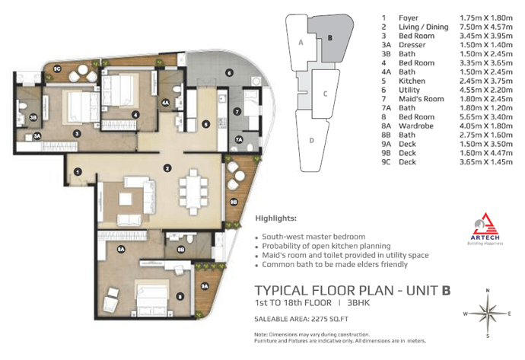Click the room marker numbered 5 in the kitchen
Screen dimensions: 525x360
(x=206, y=125)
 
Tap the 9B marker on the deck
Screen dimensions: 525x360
(x=234, y=202)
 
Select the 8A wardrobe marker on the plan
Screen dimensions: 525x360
(x=121, y=249)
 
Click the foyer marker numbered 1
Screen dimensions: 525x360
(x=78, y=172)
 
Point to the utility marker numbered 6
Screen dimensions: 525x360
(x=229, y=72)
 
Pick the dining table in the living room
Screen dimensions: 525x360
(x=193, y=192)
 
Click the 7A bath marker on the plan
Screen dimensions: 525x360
(x=239, y=139)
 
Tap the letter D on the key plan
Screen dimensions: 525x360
(x=312, y=140)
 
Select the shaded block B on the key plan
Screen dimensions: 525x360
(x=329, y=39)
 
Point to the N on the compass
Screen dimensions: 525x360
(x=488, y=291)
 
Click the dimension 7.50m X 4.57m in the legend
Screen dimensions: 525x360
(x=486, y=27)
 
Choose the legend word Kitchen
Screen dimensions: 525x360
(x=412, y=81)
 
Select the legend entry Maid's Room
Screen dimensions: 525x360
(x=422, y=99)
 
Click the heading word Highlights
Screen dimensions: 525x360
(x=276, y=218)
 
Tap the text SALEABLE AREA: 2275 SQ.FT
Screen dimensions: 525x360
(x=301, y=319)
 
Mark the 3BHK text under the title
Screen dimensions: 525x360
(x=358, y=303)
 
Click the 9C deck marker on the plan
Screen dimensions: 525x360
(x=57, y=69)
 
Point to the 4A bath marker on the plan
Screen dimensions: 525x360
(x=165, y=103)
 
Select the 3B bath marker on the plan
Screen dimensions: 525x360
(x=33, y=117)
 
